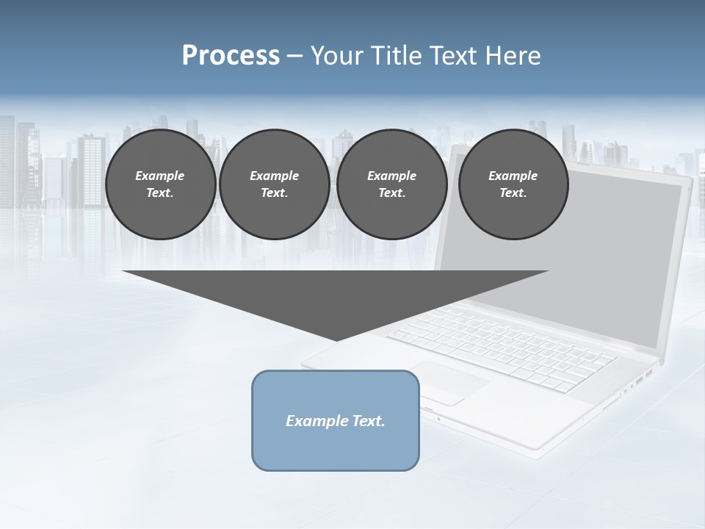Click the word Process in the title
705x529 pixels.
(x=231, y=56)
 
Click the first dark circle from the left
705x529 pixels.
(x=160, y=184)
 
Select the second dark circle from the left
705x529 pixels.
(x=274, y=184)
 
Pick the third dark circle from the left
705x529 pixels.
(x=391, y=184)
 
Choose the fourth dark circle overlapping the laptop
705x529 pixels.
(x=513, y=184)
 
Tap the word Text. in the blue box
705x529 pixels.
(x=367, y=421)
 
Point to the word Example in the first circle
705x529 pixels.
(x=160, y=176)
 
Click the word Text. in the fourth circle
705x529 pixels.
(x=513, y=192)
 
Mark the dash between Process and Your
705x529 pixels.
(x=295, y=56)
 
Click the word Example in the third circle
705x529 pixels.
(x=391, y=176)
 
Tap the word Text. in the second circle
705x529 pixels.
(x=274, y=192)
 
